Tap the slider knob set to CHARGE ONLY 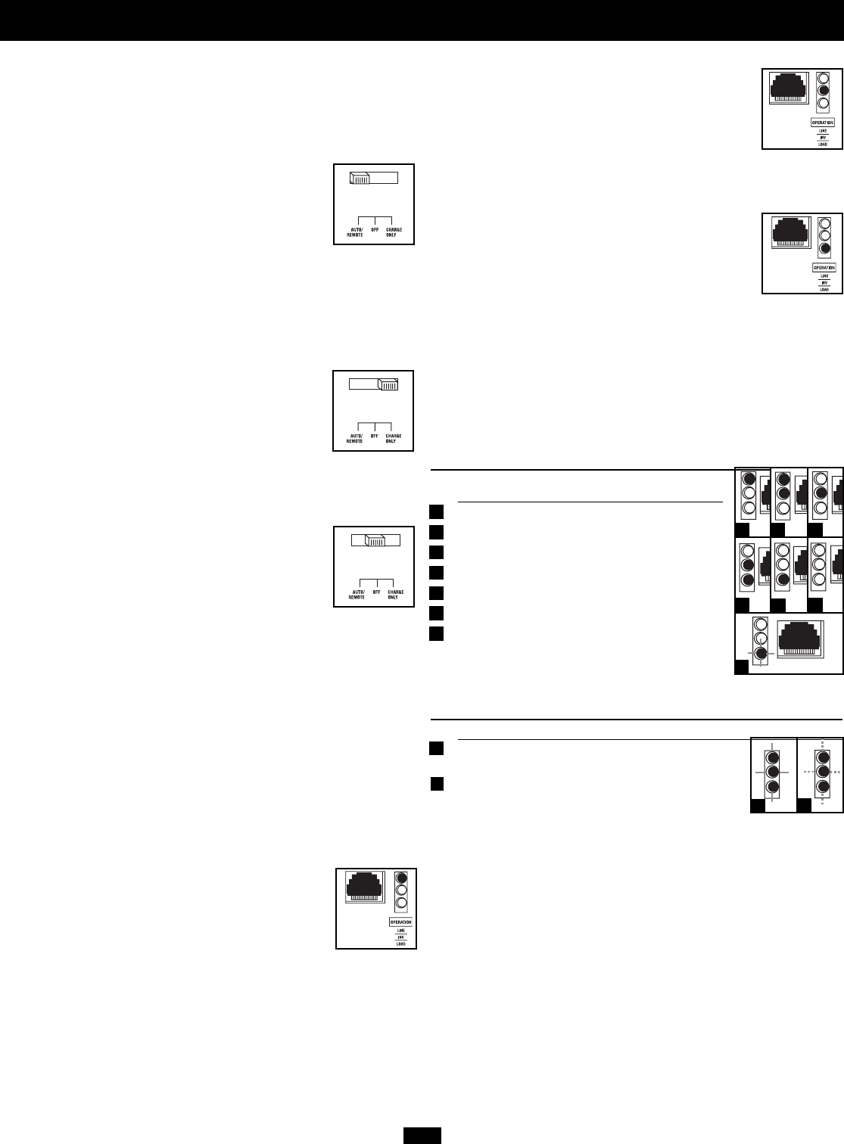pos(388,384)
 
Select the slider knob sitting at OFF pos(375,541)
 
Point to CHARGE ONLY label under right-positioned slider pos(394,439)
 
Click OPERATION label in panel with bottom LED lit pos(823,267)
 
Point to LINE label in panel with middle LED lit pos(823,131)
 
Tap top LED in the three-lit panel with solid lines pos(772,757)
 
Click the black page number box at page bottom pos(422,1136)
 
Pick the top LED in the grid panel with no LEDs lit pos(818,550)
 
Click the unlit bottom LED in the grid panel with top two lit pos(783,508)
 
